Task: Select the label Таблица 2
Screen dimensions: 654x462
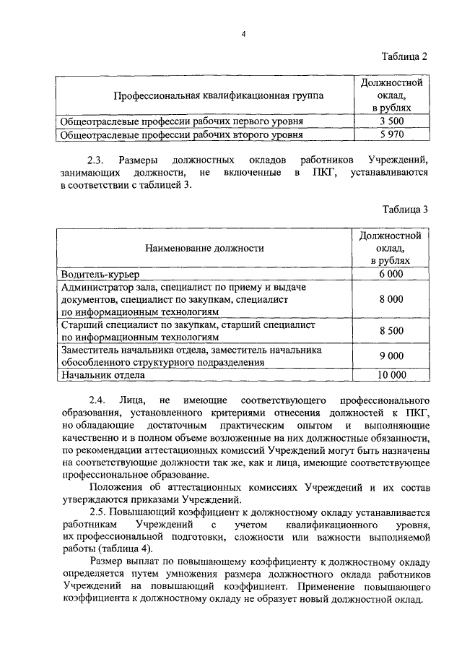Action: point(404,57)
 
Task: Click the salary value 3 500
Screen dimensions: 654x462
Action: point(391,121)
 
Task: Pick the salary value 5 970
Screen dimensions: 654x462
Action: point(391,134)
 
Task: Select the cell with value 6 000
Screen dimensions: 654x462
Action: point(391,274)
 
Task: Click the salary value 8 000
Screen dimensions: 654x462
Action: point(391,299)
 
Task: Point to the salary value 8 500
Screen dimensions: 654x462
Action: point(391,331)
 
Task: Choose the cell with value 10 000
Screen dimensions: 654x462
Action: point(391,374)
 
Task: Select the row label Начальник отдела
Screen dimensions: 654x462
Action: point(103,374)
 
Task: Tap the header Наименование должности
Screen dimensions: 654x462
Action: point(204,248)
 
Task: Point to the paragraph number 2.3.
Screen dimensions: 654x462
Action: point(97,160)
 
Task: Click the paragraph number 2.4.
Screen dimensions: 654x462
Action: point(97,400)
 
